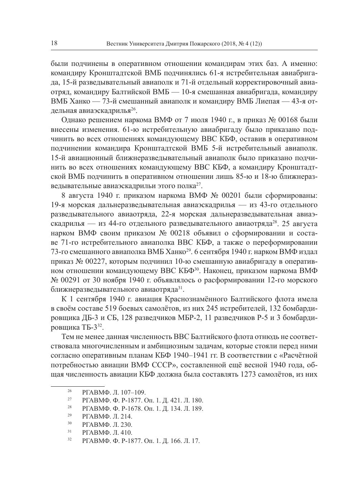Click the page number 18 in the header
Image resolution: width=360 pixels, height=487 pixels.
pos(55,44)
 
